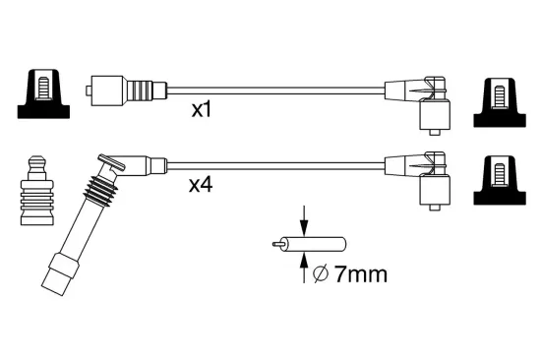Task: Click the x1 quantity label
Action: [201, 110]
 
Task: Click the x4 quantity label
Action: [201, 183]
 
